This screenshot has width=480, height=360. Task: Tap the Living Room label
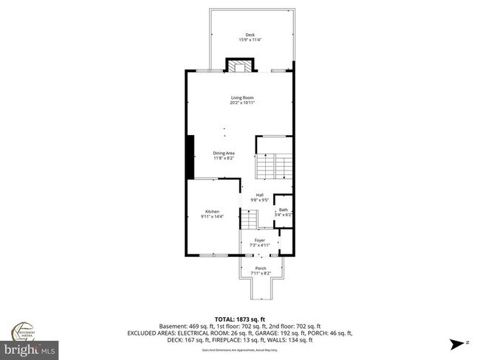[241, 97]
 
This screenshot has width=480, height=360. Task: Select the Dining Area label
[224, 153]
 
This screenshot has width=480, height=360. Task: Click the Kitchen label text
[212, 212]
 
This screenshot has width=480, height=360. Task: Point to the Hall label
[260, 195]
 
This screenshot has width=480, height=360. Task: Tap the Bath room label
[283, 210]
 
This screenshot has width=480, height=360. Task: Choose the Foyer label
[260, 239]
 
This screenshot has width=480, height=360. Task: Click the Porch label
[260, 268]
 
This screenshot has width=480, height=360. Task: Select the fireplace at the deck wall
[241, 67]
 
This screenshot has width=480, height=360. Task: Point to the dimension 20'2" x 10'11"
[241, 103]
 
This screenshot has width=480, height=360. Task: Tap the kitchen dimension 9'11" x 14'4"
[212, 217]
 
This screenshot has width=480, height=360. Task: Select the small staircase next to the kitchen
[251, 219]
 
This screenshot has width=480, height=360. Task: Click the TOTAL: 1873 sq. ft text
[241, 318]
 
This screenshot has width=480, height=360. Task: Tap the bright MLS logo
[30, 347]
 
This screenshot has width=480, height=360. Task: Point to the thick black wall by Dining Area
[190, 157]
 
